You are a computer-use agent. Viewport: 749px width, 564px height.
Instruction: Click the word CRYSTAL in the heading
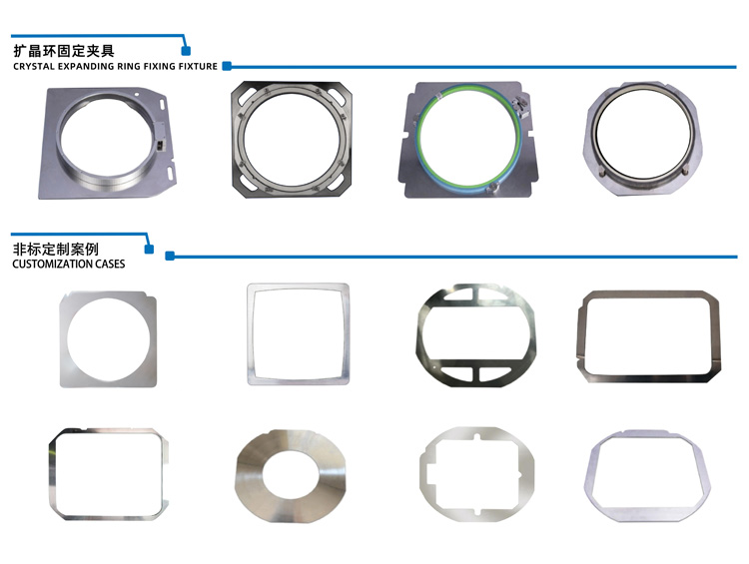pos(34,66)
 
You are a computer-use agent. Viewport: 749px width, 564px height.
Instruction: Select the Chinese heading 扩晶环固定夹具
pos(64,51)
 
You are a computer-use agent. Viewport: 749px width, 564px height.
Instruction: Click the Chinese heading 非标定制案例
pos(55,249)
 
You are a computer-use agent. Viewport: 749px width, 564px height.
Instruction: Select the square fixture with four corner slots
pos(237,144)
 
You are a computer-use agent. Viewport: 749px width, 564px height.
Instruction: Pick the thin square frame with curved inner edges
pos(250,334)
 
